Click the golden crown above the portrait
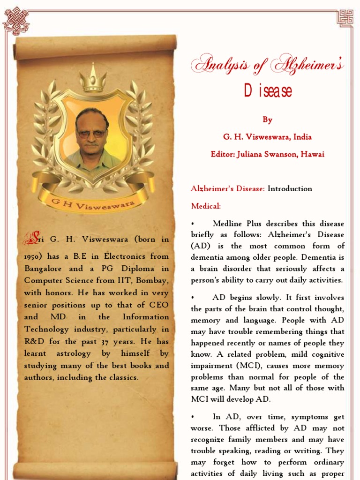coord(93,78)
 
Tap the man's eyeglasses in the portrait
coord(92,134)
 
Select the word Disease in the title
coord(268,90)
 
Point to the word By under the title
coord(267,120)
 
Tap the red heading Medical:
coord(206,206)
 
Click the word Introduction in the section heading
coord(290,189)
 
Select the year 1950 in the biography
coord(33,256)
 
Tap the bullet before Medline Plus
coord(193,224)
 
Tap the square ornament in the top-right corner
coord(345,18)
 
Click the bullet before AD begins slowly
coord(193,298)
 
